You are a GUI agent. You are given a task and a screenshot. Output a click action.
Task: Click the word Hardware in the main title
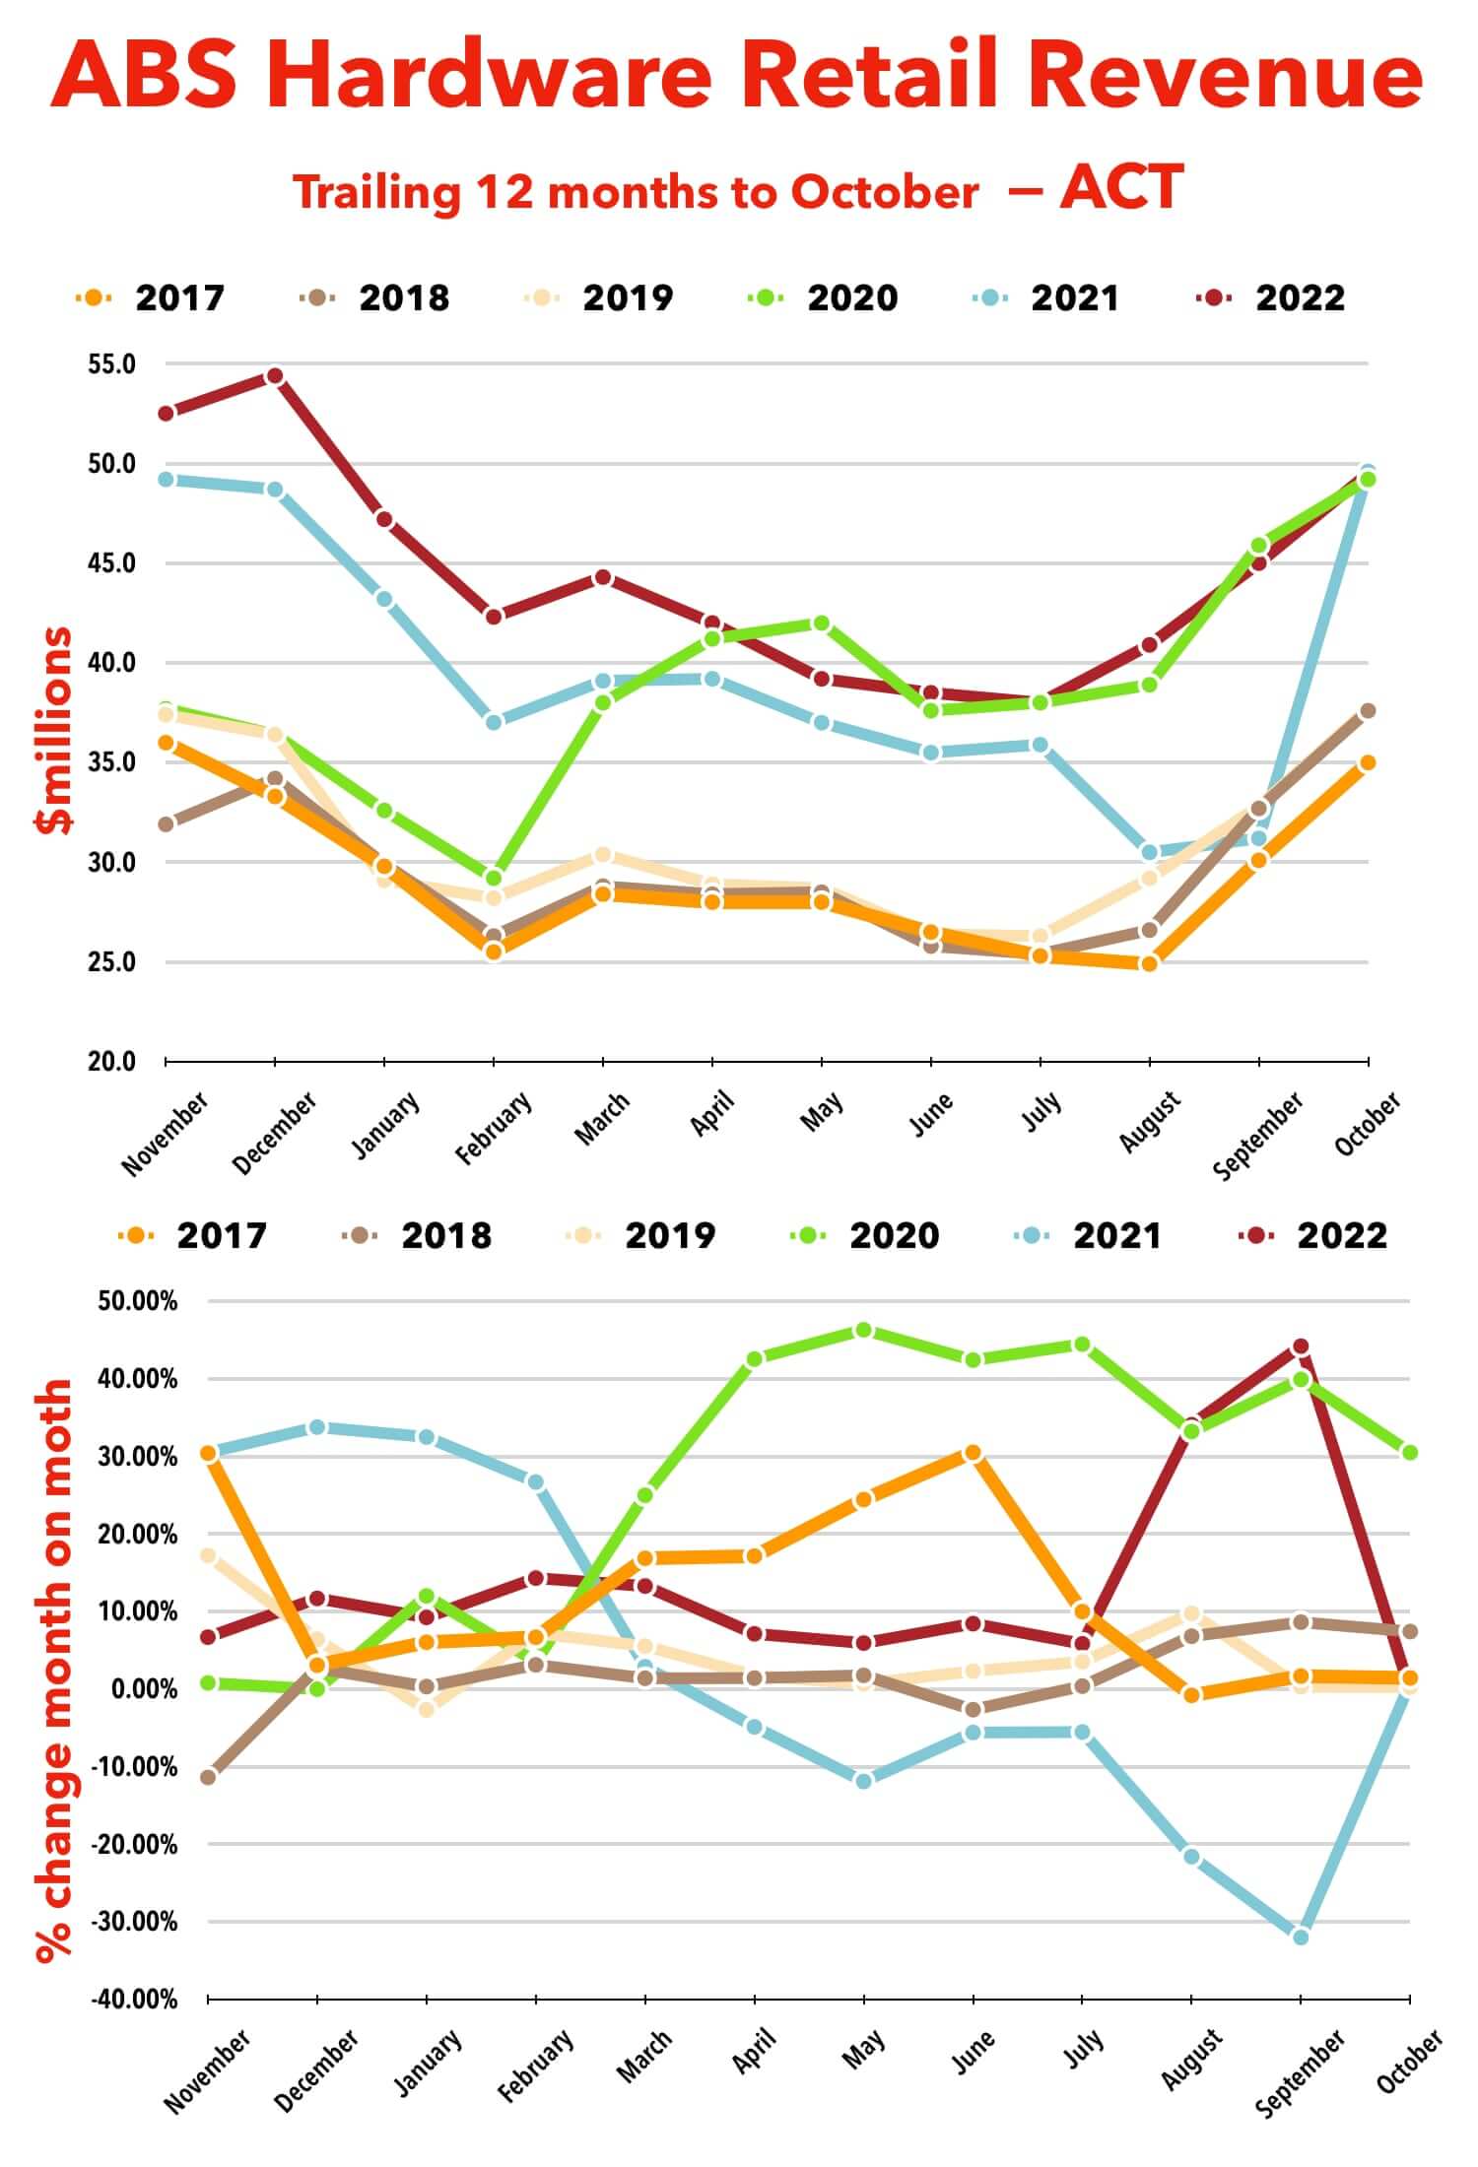coord(489,76)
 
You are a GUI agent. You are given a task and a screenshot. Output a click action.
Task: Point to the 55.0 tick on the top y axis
coord(111,364)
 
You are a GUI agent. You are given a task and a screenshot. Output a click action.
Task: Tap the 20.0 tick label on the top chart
coord(111,1062)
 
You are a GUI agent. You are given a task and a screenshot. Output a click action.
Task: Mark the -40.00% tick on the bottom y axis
coord(134,1999)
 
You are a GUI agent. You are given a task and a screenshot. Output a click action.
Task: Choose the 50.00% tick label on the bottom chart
coord(138,1301)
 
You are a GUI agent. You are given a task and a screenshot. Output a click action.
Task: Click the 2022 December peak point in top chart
coord(275,376)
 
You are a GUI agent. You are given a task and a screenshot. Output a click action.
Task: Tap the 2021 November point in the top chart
coord(166,480)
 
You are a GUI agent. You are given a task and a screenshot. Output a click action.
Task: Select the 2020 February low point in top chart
coord(494,878)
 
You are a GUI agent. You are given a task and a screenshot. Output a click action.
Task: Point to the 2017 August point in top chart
coord(1149,963)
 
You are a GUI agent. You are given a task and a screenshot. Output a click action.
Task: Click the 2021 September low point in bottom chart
coord(1301,1937)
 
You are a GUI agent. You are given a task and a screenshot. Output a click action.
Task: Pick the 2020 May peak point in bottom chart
coord(864,1331)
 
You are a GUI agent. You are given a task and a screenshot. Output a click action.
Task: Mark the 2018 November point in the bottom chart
coord(208,1777)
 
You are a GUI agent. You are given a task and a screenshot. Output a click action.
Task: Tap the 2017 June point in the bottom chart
coord(974,1453)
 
